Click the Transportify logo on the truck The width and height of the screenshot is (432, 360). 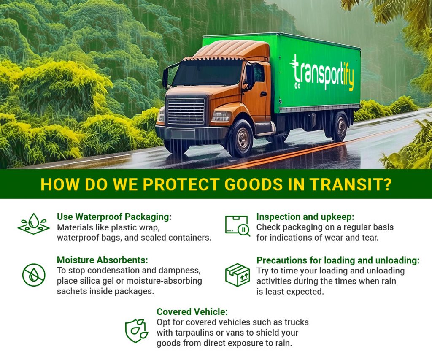321,72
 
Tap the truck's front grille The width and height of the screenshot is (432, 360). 186,111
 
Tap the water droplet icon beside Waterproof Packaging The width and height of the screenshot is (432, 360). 33,223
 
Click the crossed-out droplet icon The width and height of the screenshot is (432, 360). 33,274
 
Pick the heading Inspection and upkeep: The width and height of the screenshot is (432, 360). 305,217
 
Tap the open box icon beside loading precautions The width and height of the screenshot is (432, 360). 237,275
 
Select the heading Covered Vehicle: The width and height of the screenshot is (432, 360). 192,312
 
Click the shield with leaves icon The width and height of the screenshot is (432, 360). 136,330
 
